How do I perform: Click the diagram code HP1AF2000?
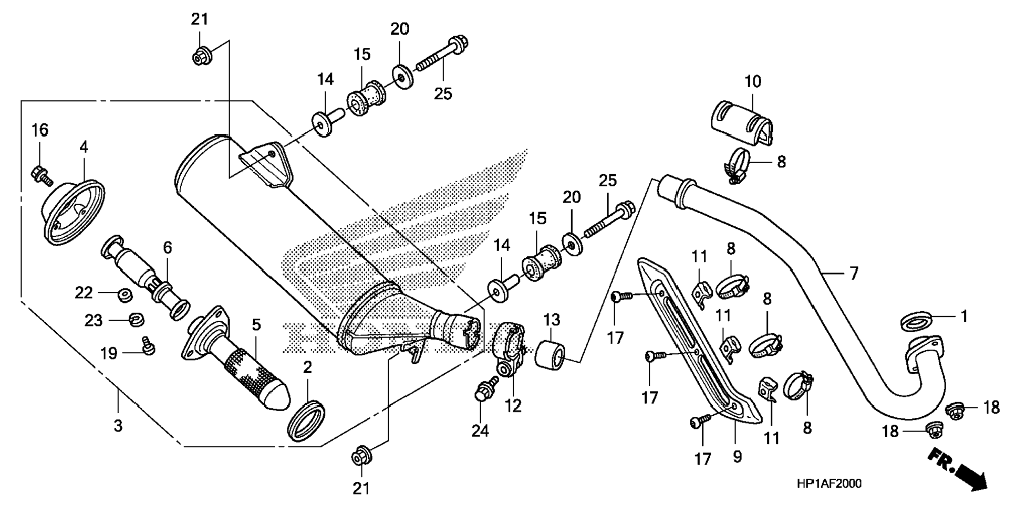tap(829, 483)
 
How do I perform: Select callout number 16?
tap(39, 130)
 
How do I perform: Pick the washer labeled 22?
tap(125, 294)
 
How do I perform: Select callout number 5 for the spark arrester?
tap(256, 324)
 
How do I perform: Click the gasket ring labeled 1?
tap(917, 320)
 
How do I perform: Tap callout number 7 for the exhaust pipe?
tap(854, 273)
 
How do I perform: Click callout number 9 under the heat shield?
tap(737, 457)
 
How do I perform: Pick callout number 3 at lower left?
tap(118, 425)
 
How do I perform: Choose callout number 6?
tap(167, 247)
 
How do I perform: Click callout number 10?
tap(752, 81)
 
